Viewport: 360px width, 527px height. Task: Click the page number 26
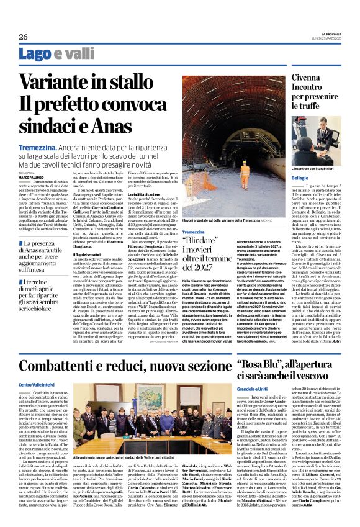[23, 37]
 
